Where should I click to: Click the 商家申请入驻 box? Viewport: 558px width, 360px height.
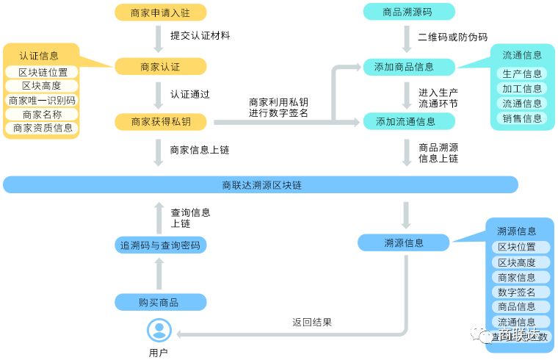click(160, 12)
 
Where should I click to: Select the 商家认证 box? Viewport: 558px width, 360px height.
click(160, 67)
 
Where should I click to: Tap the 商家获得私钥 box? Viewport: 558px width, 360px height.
click(160, 121)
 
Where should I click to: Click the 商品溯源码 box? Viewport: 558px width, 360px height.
click(409, 12)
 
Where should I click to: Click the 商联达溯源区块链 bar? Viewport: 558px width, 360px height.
click(261, 185)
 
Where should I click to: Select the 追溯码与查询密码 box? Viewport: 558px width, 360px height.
click(160, 245)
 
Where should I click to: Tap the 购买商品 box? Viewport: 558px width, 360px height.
click(160, 302)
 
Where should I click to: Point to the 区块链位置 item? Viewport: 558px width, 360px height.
click(43, 72)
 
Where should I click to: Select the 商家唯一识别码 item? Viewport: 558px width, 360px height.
click(43, 100)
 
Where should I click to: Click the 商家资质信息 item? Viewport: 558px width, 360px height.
click(43, 128)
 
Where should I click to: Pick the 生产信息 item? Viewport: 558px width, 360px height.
click(522, 73)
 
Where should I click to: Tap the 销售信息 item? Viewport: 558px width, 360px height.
click(522, 118)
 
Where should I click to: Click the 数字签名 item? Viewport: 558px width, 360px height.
click(516, 292)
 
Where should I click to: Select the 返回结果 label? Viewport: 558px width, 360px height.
click(312, 322)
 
